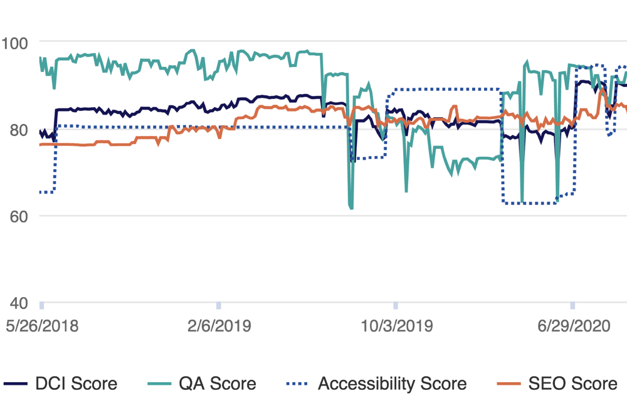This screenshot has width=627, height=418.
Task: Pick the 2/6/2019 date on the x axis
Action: [x=219, y=327]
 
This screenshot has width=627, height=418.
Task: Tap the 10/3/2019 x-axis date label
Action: [x=396, y=327]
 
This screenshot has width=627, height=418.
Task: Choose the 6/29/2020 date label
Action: [x=572, y=327]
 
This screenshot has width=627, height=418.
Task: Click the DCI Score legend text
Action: [x=76, y=384]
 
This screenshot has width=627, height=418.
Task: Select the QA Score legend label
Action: [x=217, y=384]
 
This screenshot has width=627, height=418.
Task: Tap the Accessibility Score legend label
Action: [x=392, y=384]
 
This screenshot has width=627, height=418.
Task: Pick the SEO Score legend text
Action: [x=571, y=384]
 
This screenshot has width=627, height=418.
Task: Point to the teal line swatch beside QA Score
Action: [x=162, y=384]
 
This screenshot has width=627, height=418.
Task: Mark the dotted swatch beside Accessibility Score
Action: [x=298, y=384]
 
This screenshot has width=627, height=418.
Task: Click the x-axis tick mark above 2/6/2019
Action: [x=219, y=305]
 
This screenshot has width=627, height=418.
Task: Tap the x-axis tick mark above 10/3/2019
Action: [x=396, y=305]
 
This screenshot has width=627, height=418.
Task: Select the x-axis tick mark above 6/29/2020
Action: [x=572, y=305]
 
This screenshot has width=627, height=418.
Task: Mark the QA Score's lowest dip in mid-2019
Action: [x=351, y=208]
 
